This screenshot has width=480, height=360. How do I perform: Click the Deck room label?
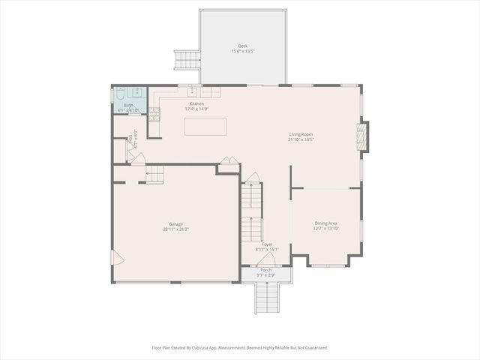tap(242, 46)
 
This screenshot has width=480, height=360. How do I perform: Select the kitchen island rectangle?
tap(205, 126)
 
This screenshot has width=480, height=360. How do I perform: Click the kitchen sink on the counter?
tap(192, 91)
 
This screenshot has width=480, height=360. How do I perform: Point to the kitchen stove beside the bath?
tap(154, 114)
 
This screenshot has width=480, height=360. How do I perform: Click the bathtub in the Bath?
tap(120, 95)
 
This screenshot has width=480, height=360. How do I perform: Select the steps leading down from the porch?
tap(267, 298)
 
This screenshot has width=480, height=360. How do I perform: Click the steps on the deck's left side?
tap(186, 59)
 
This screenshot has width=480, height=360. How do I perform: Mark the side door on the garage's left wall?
tap(117, 258)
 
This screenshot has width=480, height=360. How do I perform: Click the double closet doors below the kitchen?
tap(229, 160)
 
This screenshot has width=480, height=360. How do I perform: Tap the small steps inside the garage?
tap(154, 175)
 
